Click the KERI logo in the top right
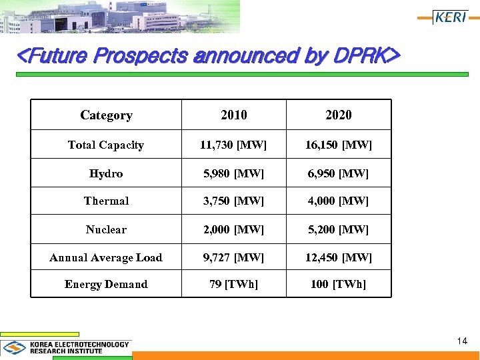point(450,17)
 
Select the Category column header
point(106,115)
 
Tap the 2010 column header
point(234,115)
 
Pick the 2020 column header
point(339,115)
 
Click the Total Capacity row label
point(106,145)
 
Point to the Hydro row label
point(106,173)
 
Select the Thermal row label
point(106,201)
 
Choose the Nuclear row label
point(106,229)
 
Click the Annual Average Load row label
point(106,257)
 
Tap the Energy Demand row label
point(106,284)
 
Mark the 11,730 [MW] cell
point(234,145)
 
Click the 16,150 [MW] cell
point(339,145)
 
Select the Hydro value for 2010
point(234,173)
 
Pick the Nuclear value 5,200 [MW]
point(339,229)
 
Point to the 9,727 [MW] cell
point(234,257)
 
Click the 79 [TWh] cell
point(234,284)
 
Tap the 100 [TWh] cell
point(339,284)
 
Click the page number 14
point(462,341)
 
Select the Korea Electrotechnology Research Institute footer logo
point(67,347)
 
